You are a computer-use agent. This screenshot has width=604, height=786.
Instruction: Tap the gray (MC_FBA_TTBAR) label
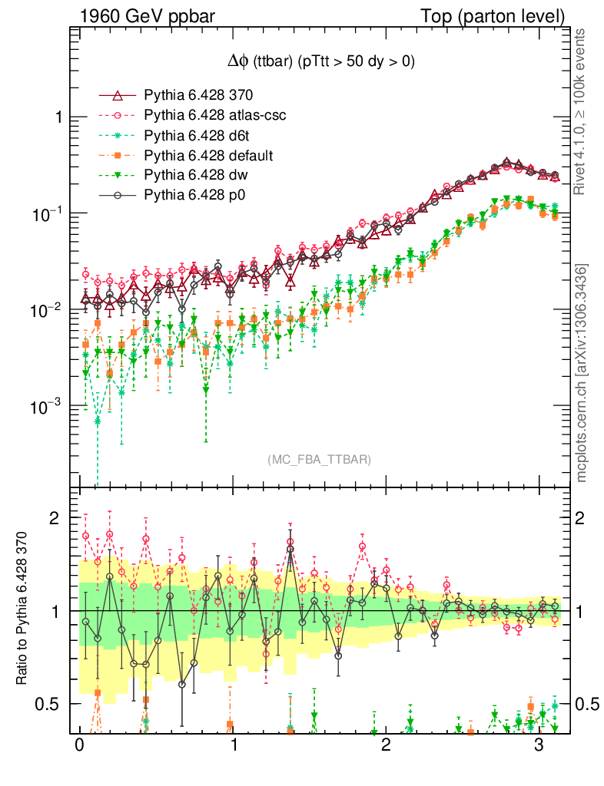click(320, 460)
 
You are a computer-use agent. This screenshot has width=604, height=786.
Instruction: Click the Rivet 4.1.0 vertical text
click(582, 107)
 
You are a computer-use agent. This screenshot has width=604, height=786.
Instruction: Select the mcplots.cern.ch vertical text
click(582, 372)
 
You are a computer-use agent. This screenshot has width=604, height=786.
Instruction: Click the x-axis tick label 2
click(386, 747)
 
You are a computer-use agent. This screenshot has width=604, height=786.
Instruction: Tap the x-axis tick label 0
click(78, 747)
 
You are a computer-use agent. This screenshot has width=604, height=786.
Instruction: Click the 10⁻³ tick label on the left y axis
click(48, 406)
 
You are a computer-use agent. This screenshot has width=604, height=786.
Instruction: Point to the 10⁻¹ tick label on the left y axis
click(48, 213)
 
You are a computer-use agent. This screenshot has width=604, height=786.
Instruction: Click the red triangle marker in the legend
click(118, 96)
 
